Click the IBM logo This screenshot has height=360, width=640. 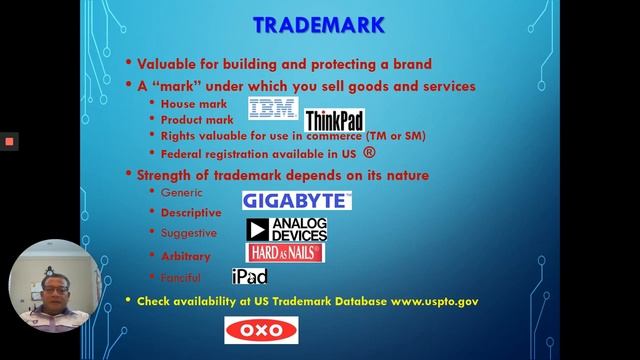tap(273, 108)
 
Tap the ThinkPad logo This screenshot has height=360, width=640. tap(334, 121)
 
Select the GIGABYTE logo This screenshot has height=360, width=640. tap(297, 201)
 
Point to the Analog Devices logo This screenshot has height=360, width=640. tap(287, 229)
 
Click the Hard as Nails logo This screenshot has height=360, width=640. tap(286, 253)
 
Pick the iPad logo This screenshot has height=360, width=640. tap(249, 276)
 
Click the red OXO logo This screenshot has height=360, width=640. tap(261, 330)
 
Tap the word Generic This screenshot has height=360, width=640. tap(182, 192)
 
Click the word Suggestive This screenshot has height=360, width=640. tap(189, 233)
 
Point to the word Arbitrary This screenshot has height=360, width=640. tap(186, 256)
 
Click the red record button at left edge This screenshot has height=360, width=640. tap(9, 142)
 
